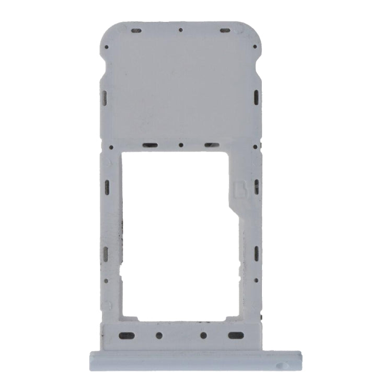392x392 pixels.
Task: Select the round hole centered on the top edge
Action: tap(180, 30)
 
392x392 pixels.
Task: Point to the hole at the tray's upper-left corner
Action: tap(107, 47)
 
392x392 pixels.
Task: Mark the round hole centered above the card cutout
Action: tap(181, 145)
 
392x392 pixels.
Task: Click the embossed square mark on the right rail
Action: tap(241, 189)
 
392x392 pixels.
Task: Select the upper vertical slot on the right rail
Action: tap(256, 186)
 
